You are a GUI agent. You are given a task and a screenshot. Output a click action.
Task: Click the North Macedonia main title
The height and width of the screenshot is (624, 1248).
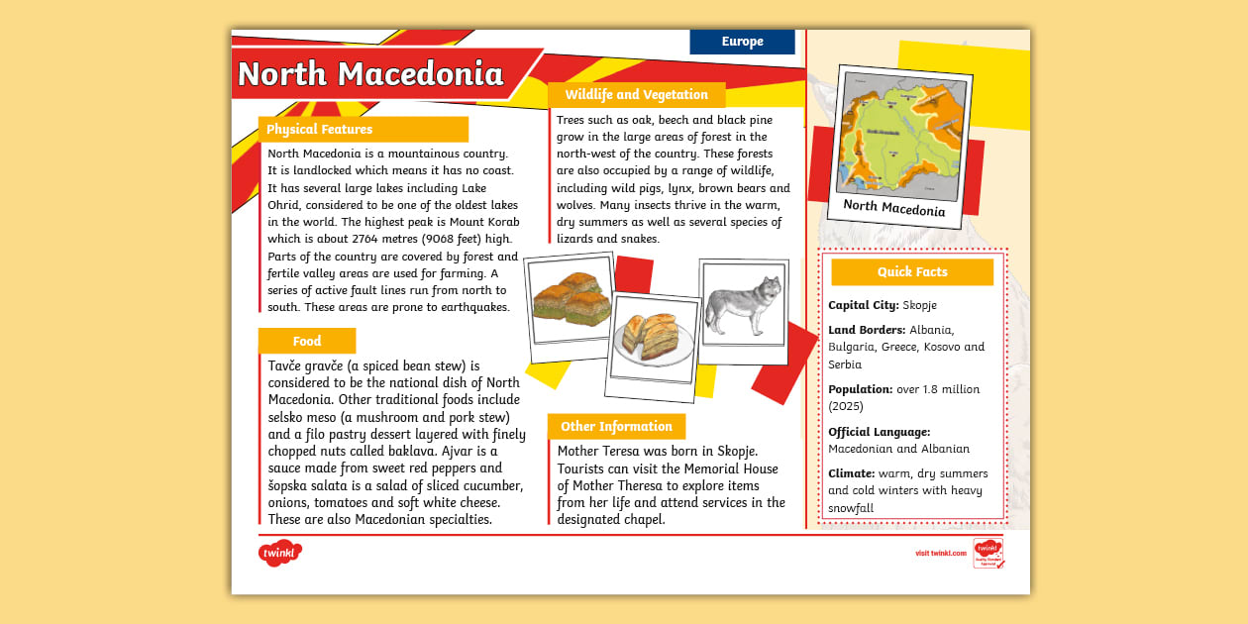(x=370, y=74)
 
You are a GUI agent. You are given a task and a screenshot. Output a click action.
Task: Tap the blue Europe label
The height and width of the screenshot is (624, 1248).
(x=742, y=42)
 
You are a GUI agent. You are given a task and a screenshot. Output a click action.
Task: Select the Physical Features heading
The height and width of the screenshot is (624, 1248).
(x=320, y=130)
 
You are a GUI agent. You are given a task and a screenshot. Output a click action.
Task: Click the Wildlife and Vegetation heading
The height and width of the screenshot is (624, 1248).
(x=636, y=95)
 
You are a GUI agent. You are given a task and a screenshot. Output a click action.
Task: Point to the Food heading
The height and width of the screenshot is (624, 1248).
(x=307, y=342)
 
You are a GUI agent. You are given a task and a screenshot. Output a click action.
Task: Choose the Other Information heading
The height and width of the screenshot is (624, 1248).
(x=616, y=427)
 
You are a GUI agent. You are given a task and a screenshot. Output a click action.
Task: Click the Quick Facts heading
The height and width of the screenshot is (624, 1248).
(x=912, y=272)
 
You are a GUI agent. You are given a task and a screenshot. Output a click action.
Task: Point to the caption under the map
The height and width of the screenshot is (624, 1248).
(x=894, y=208)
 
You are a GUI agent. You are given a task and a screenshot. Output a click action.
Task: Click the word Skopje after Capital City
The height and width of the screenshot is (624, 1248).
(x=918, y=305)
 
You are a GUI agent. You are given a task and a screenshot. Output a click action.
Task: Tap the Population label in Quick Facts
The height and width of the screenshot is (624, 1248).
(x=861, y=390)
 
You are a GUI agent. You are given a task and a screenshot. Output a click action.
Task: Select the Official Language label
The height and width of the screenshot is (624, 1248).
(x=880, y=432)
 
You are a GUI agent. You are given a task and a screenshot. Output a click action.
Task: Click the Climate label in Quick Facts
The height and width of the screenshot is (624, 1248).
(x=851, y=474)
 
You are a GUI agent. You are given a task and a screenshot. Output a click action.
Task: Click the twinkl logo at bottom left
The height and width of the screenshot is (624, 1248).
(x=280, y=553)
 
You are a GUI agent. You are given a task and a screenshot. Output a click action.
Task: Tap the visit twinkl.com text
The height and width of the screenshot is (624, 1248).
(x=940, y=554)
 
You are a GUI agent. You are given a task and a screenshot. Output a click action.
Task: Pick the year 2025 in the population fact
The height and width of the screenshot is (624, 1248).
(x=846, y=406)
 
